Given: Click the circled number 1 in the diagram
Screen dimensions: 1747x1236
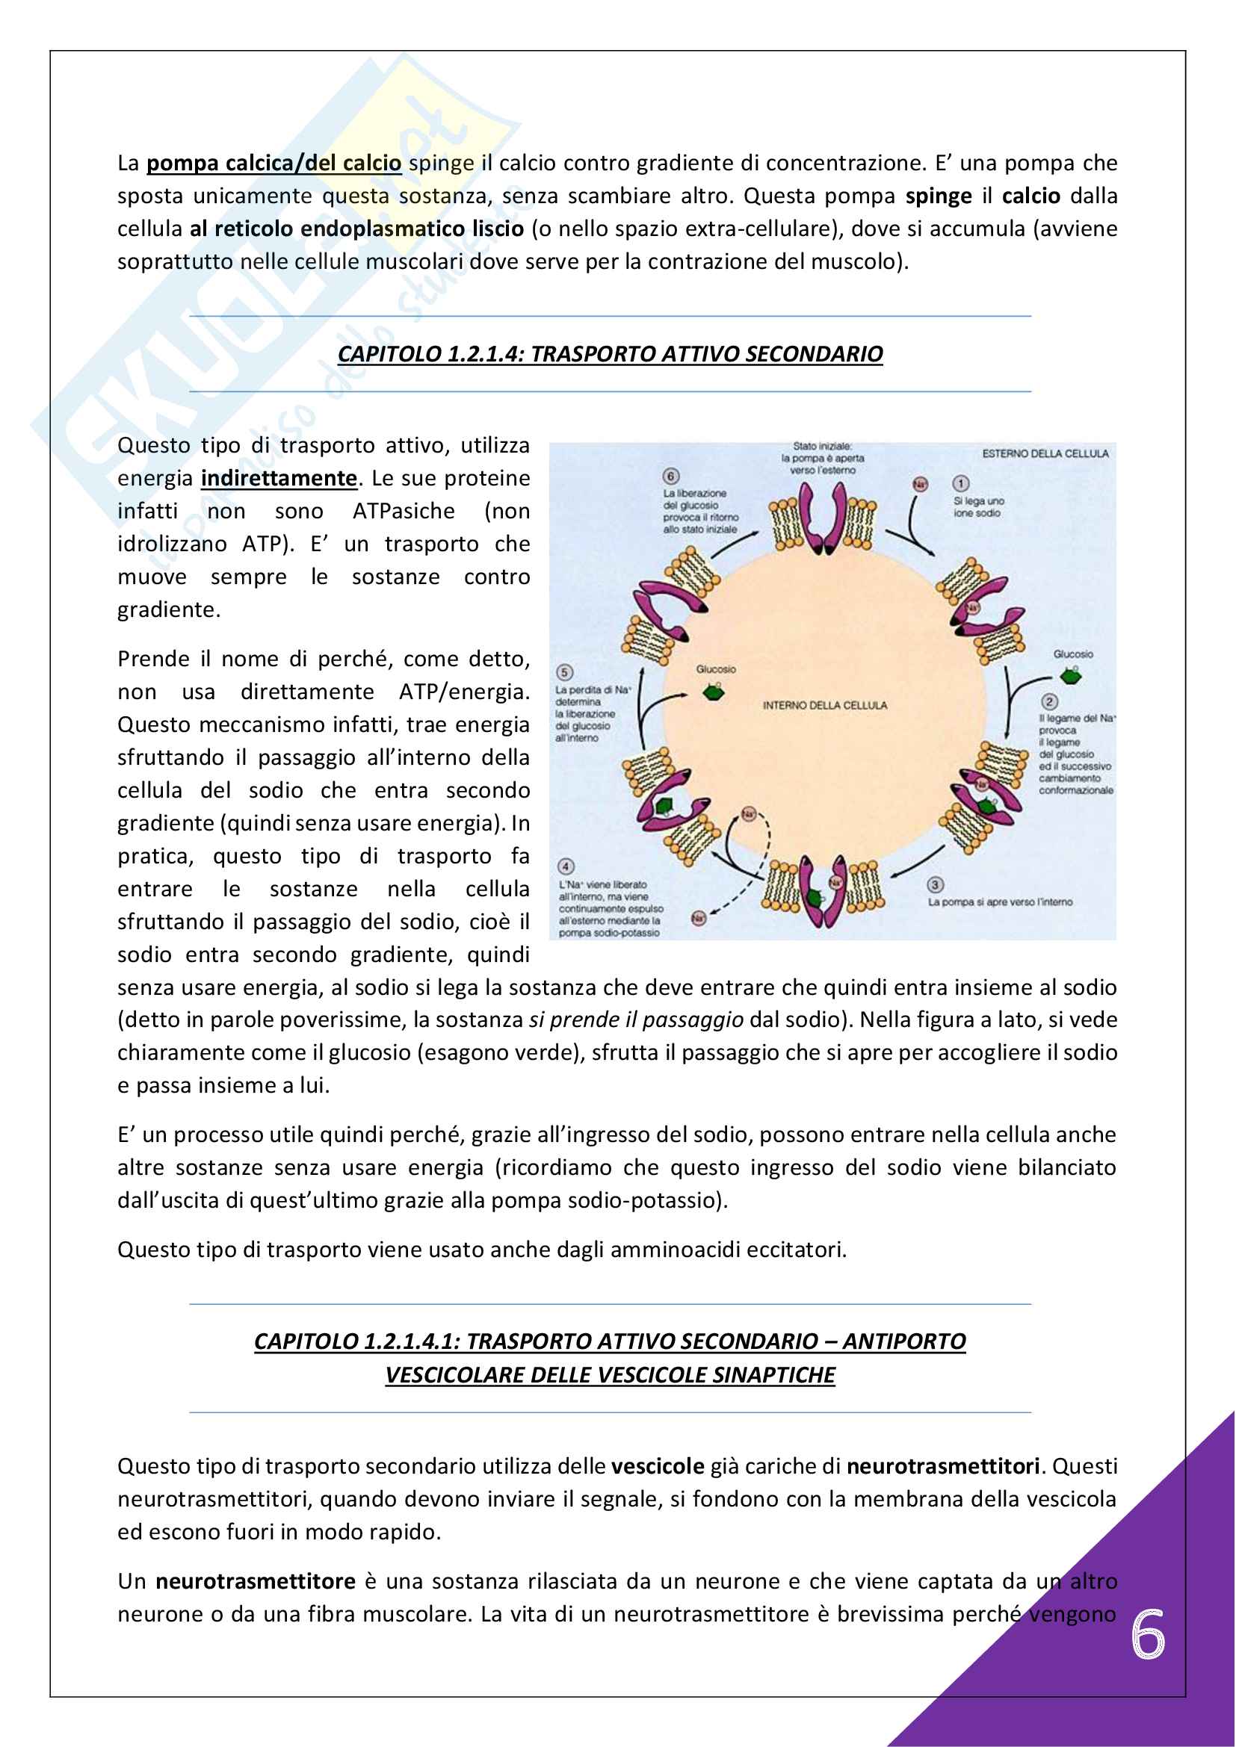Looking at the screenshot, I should coord(961,484).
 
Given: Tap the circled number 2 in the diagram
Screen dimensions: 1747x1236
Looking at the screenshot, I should coord(1049,701).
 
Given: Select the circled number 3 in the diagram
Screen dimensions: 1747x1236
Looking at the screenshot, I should coord(936,884).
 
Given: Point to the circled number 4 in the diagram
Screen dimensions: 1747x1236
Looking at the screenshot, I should coord(566,866).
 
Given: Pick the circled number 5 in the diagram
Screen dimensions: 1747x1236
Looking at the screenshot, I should coord(564,673).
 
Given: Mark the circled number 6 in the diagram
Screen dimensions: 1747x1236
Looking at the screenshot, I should coord(670,477).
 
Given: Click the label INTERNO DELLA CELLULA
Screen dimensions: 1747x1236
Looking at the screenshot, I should coord(825,705).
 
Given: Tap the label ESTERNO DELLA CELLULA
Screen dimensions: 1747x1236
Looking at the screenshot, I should coord(1045,453).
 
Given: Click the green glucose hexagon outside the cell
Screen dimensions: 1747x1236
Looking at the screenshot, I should coord(1071,675).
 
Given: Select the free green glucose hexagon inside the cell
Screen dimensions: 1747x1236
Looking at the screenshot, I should coord(714,692).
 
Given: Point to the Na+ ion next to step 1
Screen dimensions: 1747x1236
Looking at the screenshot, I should coord(920,484).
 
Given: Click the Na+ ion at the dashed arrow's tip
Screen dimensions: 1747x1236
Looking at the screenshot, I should coord(698,919).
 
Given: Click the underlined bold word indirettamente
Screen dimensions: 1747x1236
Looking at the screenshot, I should coord(279,479).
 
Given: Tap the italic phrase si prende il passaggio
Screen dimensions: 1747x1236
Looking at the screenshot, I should coord(636,1020).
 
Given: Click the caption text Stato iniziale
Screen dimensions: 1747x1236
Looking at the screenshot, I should coord(822,447).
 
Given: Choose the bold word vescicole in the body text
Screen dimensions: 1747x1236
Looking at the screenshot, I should coord(658,1466).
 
